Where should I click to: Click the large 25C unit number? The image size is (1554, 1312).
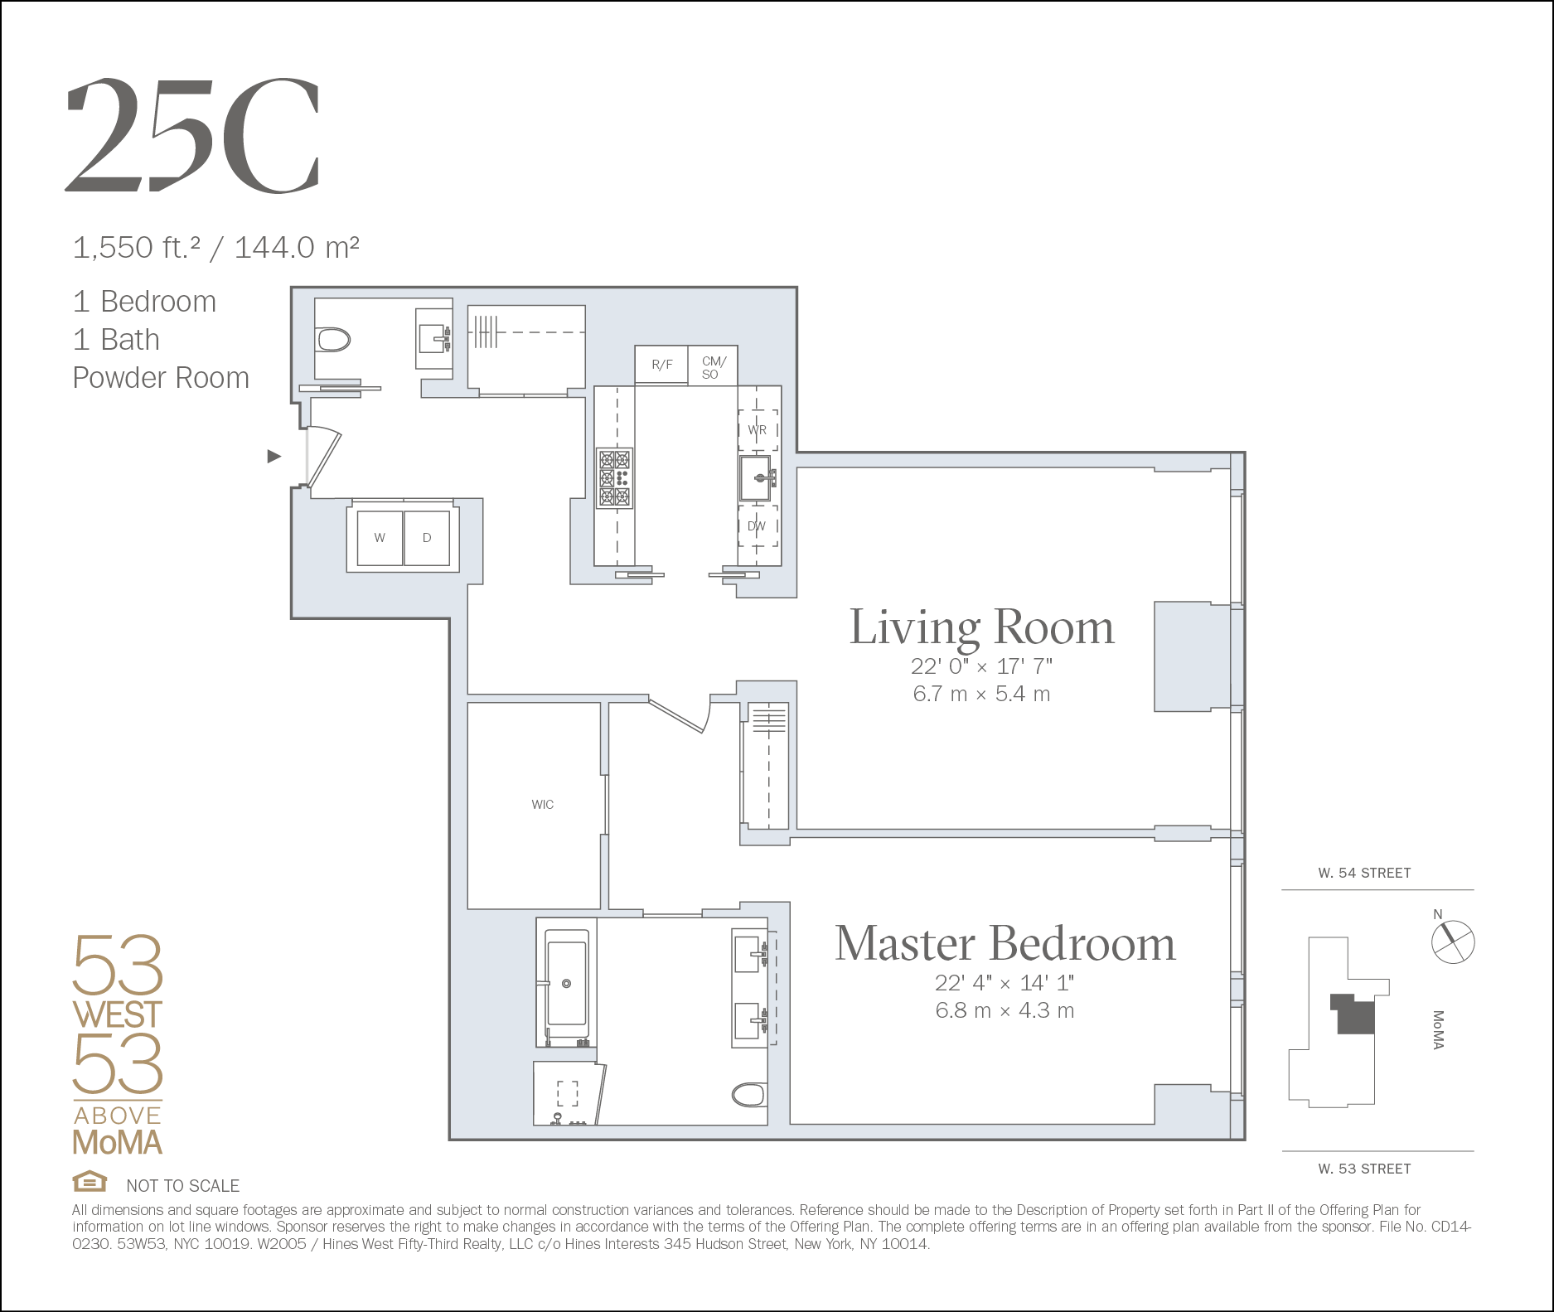(x=192, y=135)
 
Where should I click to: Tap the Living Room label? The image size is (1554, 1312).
(x=982, y=627)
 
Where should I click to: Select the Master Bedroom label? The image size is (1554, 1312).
(x=1005, y=943)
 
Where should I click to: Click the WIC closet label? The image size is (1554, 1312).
(x=543, y=804)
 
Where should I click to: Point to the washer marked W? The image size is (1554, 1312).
(x=380, y=538)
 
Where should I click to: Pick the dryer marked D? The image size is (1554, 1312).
(x=427, y=538)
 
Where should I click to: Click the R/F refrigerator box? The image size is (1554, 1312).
(x=661, y=365)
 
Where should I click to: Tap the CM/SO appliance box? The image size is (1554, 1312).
(x=713, y=366)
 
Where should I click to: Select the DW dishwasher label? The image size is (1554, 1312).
(x=757, y=526)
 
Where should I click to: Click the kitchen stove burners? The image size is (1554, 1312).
(x=615, y=478)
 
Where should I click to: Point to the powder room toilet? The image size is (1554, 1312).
(x=333, y=340)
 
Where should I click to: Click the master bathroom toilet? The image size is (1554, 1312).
(x=749, y=1095)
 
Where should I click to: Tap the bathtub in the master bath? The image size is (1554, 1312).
(x=567, y=983)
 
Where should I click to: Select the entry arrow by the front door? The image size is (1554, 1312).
(x=274, y=456)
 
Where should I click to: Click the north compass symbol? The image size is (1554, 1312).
(x=1453, y=942)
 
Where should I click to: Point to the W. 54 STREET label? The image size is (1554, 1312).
(x=1364, y=873)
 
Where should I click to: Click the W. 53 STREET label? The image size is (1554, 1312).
(x=1364, y=1169)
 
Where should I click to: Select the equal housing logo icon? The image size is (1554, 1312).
(x=90, y=1180)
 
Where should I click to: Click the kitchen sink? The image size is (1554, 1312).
(x=757, y=477)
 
